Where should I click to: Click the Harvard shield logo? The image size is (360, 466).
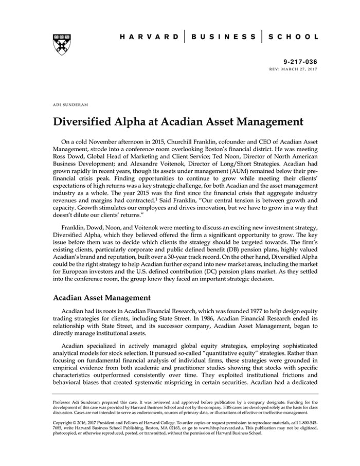click(61, 45)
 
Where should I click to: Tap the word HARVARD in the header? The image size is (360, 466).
click(149, 37)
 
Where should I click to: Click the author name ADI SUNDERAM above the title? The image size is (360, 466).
click(70, 104)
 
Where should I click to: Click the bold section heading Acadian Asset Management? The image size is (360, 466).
click(102, 297)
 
